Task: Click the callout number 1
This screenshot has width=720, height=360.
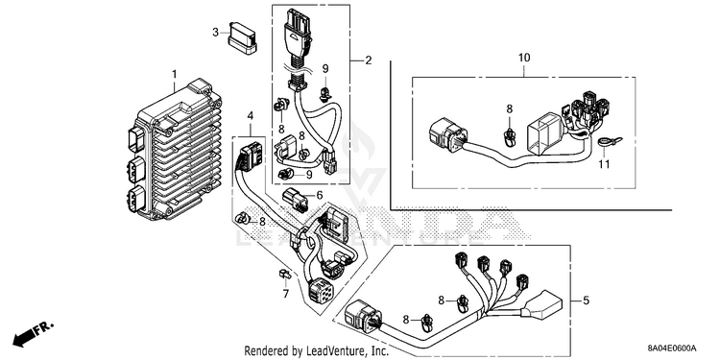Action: point(174,74)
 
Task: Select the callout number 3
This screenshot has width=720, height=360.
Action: point(215,32)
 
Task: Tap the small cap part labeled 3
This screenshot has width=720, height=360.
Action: point(243,38)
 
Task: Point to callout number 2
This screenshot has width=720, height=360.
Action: point(369,60)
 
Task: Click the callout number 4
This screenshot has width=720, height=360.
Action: point(251,116)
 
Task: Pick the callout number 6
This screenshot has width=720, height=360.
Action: point(319,195)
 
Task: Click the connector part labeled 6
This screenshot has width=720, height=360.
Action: point(295,199)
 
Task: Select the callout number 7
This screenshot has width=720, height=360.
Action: point(286,294)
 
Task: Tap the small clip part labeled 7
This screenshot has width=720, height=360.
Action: point(284,275)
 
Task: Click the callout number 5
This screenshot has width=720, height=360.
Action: point(586,301)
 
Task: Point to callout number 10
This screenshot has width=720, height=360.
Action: point(524,58)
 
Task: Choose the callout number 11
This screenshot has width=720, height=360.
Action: point(604,163)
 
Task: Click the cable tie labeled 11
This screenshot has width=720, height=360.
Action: point(611,141)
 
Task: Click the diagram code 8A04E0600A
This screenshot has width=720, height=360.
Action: point(672,348)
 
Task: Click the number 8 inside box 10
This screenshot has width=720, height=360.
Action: point(509,108)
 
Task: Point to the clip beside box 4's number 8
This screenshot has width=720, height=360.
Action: point(243,219)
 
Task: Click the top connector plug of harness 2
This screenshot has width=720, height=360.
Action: point(297,28)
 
